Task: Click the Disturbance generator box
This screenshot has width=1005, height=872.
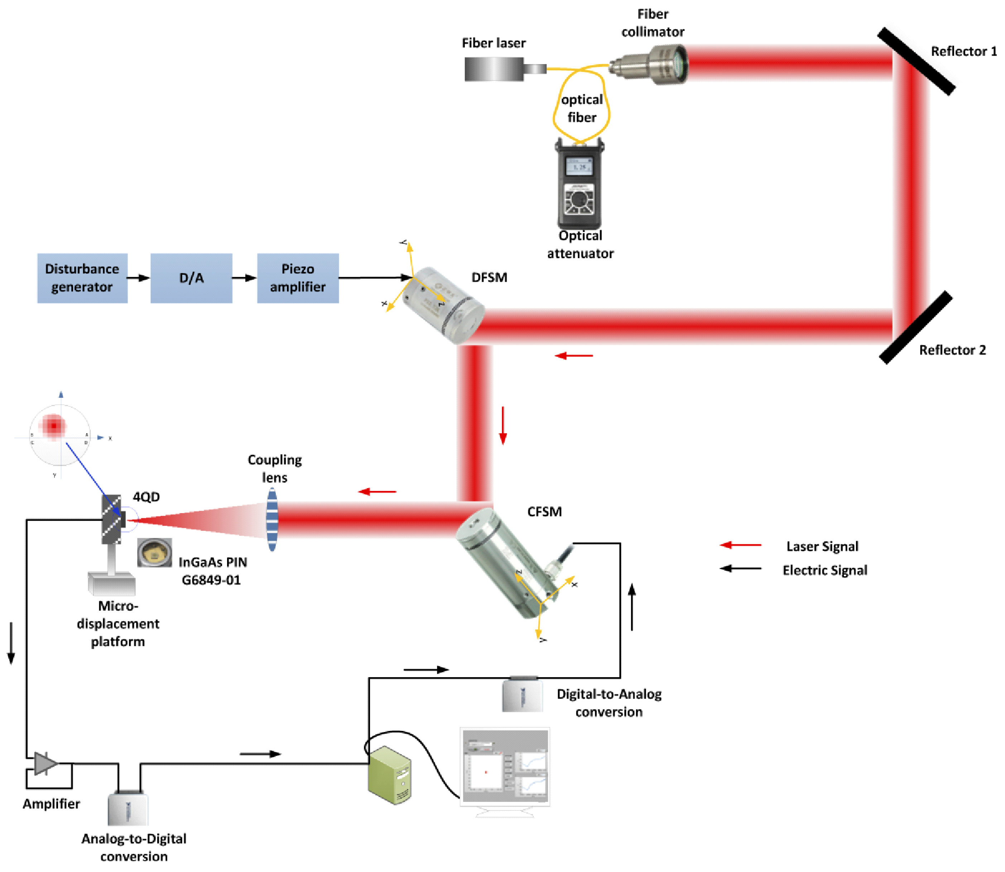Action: point(82,278)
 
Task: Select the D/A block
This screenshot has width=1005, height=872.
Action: point(191,278)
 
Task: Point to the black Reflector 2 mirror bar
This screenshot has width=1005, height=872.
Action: point(915,327)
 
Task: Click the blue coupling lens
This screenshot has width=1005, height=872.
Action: point(272,519)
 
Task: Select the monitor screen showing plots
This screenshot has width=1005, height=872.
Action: point(505,766)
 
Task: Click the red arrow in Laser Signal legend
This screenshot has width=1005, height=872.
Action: point(740,545)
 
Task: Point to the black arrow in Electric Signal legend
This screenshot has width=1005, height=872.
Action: point(740,568)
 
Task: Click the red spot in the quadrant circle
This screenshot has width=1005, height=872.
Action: point(53,426)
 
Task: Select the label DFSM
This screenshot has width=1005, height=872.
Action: point(489,278)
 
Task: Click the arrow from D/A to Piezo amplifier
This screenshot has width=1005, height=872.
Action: point(244,278)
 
